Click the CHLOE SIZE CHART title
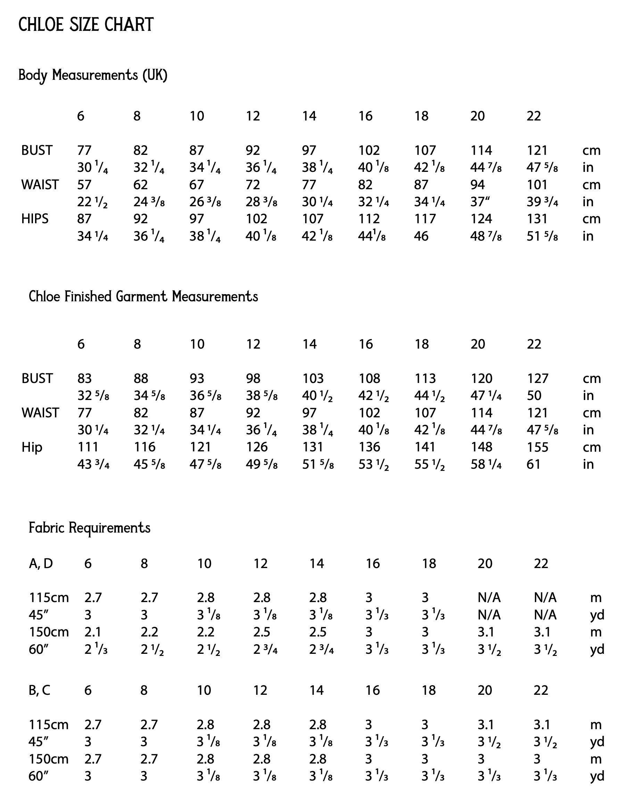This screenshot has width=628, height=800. point(86,25)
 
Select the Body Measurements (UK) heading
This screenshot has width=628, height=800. point(93,75)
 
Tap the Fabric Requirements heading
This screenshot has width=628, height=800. point(89,528)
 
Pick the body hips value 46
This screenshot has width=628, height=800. point(421,236)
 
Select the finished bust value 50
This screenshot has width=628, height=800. point(534,395)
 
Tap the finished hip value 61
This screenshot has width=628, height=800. point(533,464)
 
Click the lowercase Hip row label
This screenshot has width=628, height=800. point(32,447)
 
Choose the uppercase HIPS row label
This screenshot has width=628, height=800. point(35,219)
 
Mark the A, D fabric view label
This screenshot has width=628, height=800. point(41,563)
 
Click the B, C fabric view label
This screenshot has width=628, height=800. point(39,690)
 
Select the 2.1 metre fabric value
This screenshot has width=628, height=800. point(93,632)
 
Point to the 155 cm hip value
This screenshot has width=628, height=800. point(538,447)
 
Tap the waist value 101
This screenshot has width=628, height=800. point(537,184)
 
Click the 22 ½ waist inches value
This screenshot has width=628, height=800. point(92,202)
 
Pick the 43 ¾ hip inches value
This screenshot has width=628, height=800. point(93,464)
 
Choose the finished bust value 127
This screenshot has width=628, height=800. point(538,378)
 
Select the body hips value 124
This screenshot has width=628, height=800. point(481,219)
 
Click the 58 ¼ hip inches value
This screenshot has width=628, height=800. point(486,464)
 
